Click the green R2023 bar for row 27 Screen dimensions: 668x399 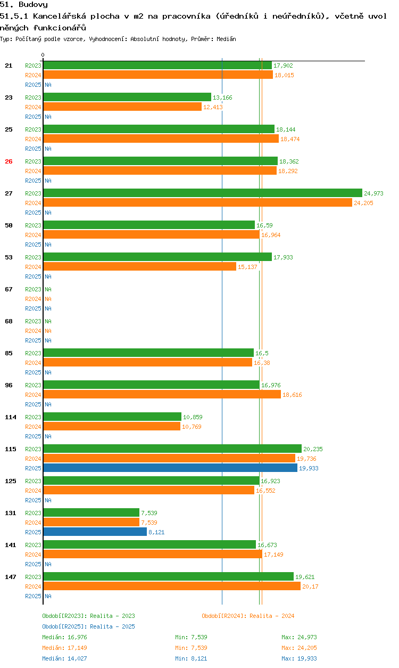pyautogui.click(x=202, y=193)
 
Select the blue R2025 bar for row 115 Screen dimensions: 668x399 pyautogui.click(x=170, y=468)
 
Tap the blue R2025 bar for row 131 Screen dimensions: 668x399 pyautogui.click(x=95, y=532)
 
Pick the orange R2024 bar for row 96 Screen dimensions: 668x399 pyautogui.click(x=162, y=394)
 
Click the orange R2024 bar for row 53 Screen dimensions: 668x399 pyautogui.click(x=139, y=266)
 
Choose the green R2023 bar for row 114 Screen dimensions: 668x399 pyautogui.click(x=112, y=417)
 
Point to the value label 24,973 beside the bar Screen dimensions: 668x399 pyautogui.click(x=373, y=193)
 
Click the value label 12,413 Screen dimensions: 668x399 pyautogui.click(x=213, y=107)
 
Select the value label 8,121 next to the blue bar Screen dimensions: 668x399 pyautogui.click(x=156, y=532)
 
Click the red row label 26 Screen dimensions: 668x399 pyautogui.click(x=9, y=161)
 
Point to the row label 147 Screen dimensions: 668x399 pyautogui.click(x=10, y=577)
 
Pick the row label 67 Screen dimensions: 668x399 pyautogui.click(x=9, y=289)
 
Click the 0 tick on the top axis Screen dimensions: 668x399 pyautogui.click(x=43, y=55)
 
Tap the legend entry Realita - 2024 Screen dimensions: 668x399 pyautogui.click(x=248, y=616)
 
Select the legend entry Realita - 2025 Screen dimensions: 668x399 pyautogui.click(x=88, y=626)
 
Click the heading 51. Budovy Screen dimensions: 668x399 pyautogui.click(x=24, y=5)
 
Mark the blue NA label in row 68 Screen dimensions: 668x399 pyautogui.click(x=48, y=340)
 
